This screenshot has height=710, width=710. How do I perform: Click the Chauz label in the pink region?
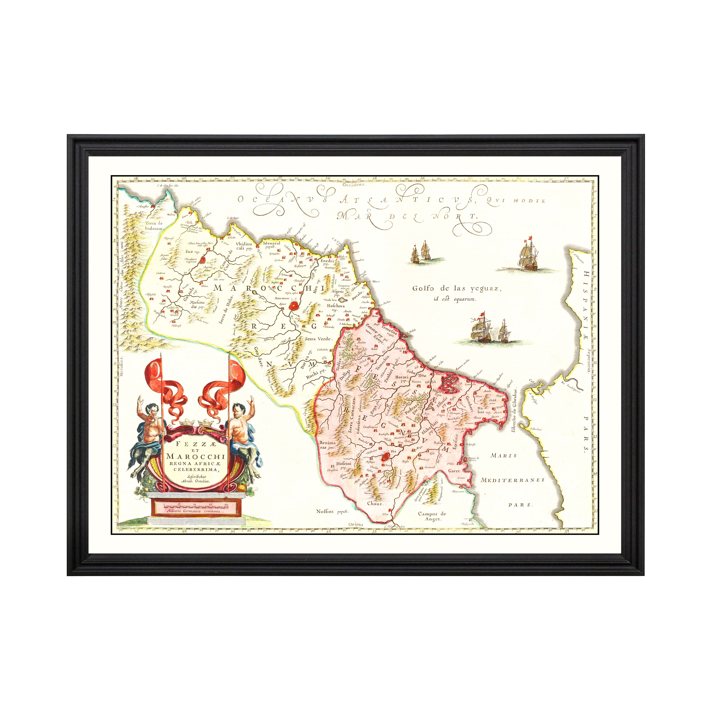(x=375, y=503)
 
